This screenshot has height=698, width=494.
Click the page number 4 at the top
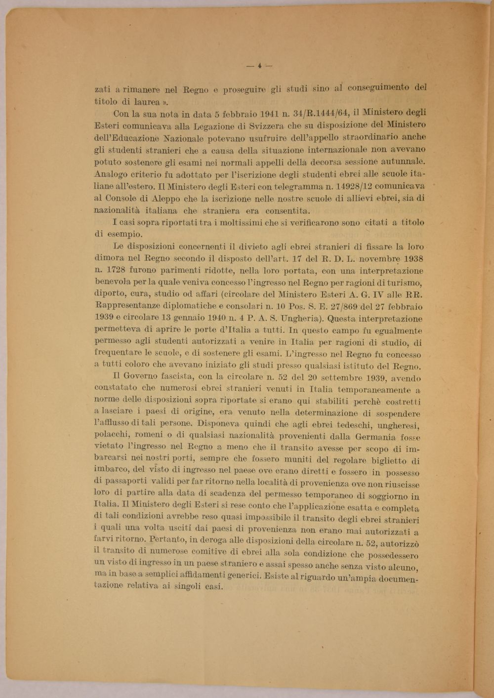click(259, 64)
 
